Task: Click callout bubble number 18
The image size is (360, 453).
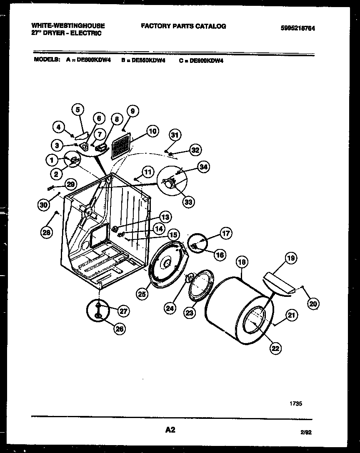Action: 242,262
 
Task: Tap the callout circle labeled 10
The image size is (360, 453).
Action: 152,132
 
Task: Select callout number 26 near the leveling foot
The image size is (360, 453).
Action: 119,329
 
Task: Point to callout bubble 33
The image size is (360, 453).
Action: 189,202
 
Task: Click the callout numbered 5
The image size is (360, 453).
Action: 77,110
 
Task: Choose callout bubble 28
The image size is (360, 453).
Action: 47,233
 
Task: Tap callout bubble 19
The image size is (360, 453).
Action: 291,258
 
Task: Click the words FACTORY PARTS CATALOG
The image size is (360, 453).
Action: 183,26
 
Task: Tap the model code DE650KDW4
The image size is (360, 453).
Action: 148,60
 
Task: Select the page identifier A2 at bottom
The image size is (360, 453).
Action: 170,430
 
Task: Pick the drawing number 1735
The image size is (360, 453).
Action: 295,403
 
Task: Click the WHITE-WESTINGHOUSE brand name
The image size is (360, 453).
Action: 68,26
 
